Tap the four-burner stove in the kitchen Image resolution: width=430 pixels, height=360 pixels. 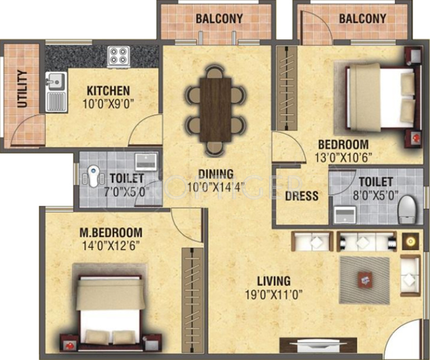(x=119, y=55)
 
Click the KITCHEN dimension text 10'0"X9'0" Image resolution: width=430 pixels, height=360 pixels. (x=108, y=104)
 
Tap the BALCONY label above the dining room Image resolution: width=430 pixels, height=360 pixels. (x=219, y=19)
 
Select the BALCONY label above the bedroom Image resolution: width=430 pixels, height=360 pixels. (x=362, y=19)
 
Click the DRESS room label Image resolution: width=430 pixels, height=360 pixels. (x=301, y=196)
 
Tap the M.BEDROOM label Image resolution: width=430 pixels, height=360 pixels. (x=110, y=233)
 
